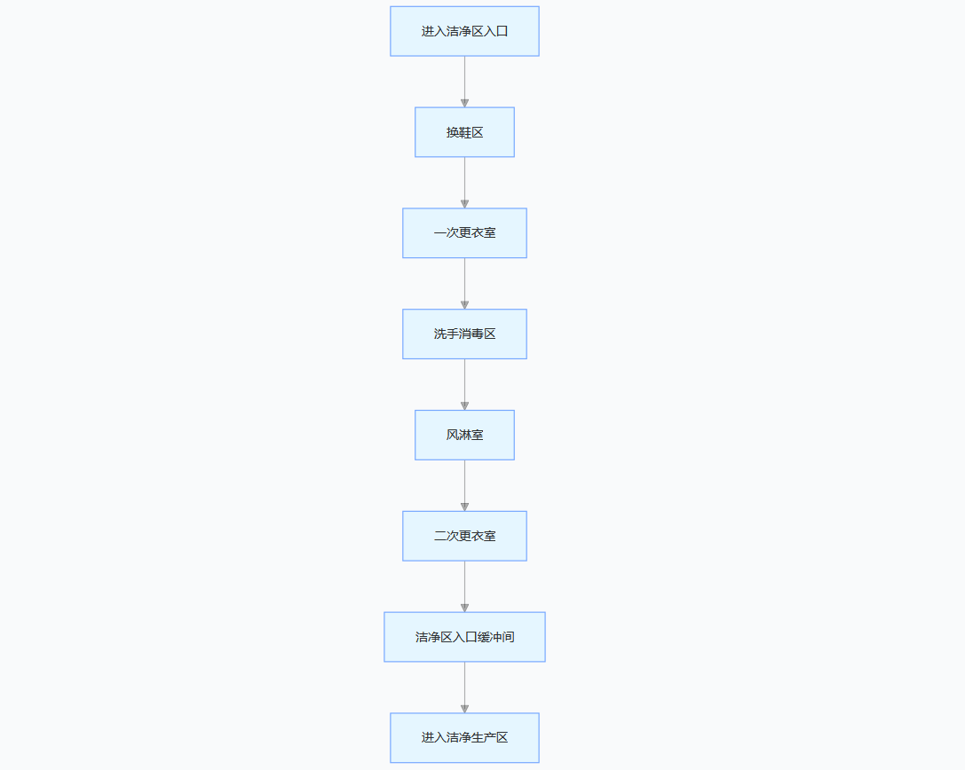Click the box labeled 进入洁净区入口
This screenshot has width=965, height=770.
click(464, 31)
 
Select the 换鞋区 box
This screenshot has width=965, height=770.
click(464, 132)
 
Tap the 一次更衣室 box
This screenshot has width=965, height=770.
click(464, 233)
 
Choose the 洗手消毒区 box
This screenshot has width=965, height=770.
click(464, 334)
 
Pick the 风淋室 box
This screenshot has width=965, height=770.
click(464, 435)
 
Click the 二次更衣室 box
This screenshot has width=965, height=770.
click(464, 536)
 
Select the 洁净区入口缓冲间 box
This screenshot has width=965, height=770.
click(464, 637)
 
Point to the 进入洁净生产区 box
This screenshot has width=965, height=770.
click(464, 737)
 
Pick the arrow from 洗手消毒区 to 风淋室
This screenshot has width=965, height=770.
click(464, 383)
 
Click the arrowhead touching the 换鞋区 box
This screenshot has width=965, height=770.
click(464, 103)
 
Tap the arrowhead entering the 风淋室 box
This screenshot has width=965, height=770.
click(464, 405)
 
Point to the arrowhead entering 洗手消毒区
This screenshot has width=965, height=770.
click(464, 304)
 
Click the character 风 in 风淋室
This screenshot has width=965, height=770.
click(452, 435)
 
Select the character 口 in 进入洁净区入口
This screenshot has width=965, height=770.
click(502, 31)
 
